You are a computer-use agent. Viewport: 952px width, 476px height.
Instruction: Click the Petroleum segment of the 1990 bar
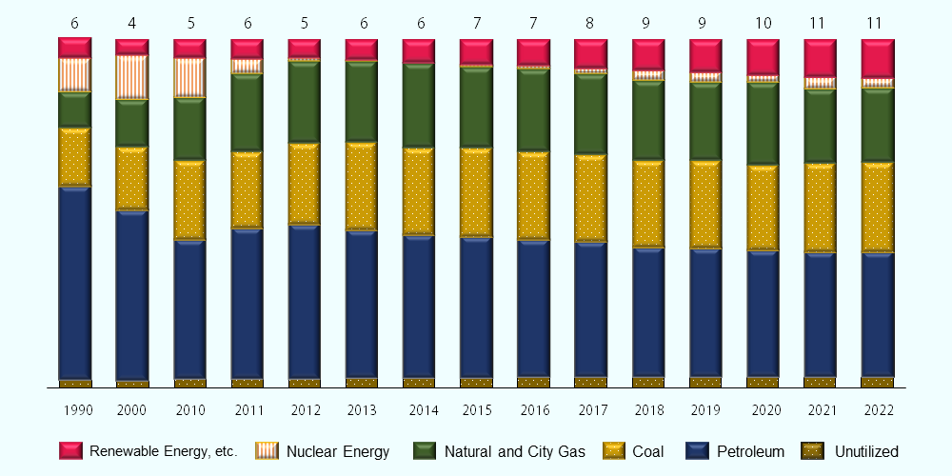click(x=75, y=282)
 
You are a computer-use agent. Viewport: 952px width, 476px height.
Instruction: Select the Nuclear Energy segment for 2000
click(x=132, y=77)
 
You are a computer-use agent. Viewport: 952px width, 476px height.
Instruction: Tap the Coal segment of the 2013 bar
click(x=362, y=187)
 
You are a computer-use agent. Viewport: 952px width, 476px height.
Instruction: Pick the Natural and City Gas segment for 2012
click(x=305, y=103)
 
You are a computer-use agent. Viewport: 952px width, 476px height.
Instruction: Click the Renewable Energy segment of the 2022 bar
click(x=878, y=58)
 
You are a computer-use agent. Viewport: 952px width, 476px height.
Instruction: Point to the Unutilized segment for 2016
click(x=534, y=383)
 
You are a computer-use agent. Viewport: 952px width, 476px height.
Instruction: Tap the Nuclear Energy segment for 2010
click(x=190, y=77)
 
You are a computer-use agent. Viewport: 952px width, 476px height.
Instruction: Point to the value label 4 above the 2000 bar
click(x=132, y=23)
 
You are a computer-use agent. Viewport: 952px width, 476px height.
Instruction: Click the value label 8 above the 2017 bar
click(x=591, y=23)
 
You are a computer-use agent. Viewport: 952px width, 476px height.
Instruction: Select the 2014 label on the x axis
click(x=420, y=410)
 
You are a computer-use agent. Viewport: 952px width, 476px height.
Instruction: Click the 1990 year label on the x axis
click(x=78, y=410)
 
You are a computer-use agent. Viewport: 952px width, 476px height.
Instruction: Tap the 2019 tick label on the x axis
click(x=706, y=410)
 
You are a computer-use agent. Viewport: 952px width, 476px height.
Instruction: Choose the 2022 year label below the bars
click(x=878, y=410)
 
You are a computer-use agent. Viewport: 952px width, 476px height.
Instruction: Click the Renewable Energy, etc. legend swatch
click(x=72, y=451)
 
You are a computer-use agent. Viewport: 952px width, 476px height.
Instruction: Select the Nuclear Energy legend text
click(x=338, y=451)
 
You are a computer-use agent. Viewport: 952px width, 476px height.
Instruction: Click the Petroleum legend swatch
click(x=700, y=451)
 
